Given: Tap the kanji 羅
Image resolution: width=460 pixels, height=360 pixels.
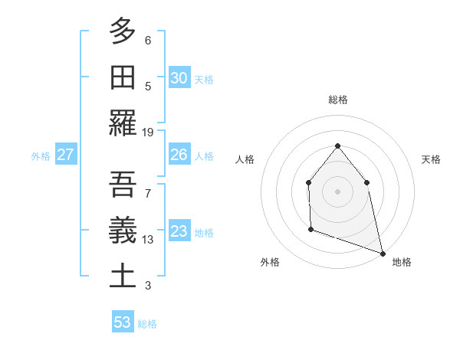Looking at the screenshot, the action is coord(123,123).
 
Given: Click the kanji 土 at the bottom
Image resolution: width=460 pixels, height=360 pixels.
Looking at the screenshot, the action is coord(123,276).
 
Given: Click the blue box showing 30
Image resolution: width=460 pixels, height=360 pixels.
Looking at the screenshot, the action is coord(179,78).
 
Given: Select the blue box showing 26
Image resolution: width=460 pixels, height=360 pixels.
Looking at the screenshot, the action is coord(179,155).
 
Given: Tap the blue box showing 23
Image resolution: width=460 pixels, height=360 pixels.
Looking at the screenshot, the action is coord(179,231).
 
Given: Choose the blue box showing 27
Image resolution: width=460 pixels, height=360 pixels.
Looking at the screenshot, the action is coord(66,155).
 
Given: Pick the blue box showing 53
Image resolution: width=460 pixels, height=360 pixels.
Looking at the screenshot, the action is coord(123,322).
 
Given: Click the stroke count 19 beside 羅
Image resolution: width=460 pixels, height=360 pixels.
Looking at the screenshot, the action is coord(148,133).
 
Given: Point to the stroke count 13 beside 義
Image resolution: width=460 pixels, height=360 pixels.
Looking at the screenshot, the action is coord(148,239).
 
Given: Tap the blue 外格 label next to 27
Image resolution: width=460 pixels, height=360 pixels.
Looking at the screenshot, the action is coord(41,156).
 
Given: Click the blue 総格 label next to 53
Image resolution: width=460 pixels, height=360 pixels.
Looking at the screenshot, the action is coord(147,324).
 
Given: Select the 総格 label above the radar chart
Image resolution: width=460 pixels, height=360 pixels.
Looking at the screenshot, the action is coord(337,100).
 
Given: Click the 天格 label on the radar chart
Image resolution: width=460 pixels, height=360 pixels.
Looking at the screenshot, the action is coord(431,159).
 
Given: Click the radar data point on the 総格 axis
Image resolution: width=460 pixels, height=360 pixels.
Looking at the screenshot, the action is coord(337,146).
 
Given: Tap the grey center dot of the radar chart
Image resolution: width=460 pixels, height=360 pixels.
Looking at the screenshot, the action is coord(337,191).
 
